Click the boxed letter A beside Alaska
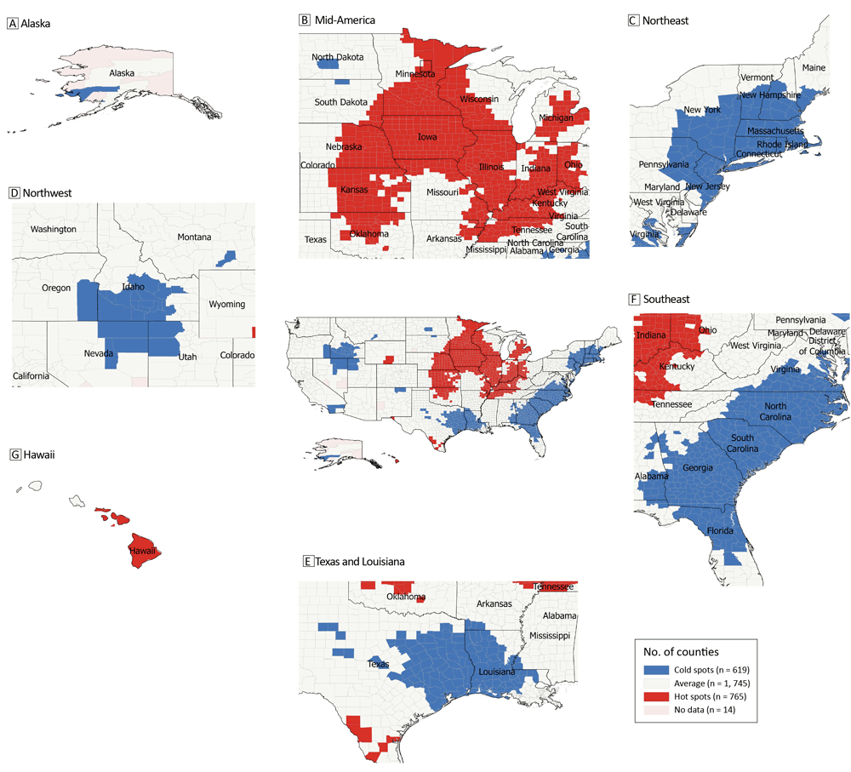coord(12,24)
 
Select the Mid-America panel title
coord(345,20)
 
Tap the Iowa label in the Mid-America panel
coord(428,136)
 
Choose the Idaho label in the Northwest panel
coord(133,287)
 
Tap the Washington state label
coord(53,229)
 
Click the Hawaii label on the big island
coord(141,552)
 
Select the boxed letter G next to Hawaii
coord(13,455)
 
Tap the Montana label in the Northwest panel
coord(195,237)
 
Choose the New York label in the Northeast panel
coord(703,111)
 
